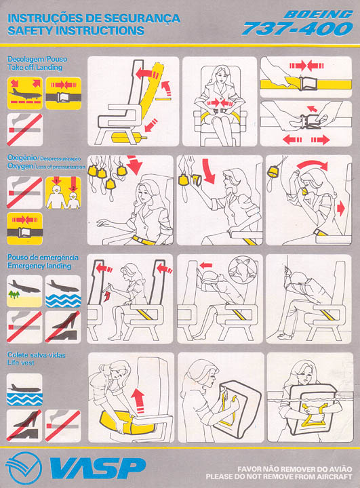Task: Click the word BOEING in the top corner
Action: [x=318, y=14]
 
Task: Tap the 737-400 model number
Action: [x=298, y=28]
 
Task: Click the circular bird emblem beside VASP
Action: [x=24, y=468]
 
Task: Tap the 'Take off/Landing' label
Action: [x=35, y=67]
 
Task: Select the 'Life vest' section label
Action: [x=20, y=363]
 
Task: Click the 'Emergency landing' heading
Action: [x=39, y=266]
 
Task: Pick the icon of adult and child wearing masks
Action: [x=63, y=192]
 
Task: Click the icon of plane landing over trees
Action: [x=24, y=291]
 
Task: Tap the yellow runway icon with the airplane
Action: [x=25, y=94]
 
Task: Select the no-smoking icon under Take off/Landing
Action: [x=25, y=129]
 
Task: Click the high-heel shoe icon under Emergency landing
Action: [x=63, y=327]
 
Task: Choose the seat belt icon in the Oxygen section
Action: [x=25, y=229]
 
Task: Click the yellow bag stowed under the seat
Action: [x=128, y=137]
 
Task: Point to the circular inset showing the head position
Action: [x=243, y=270]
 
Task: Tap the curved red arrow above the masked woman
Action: [x=312, y=164]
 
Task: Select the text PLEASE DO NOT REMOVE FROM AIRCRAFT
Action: [x=279, y=476]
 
